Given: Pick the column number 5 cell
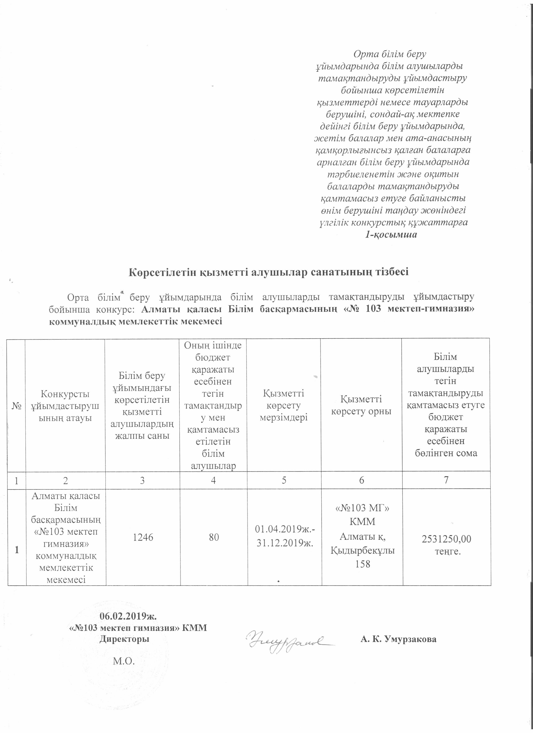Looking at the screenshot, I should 284,481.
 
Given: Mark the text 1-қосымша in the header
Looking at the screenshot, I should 391,235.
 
